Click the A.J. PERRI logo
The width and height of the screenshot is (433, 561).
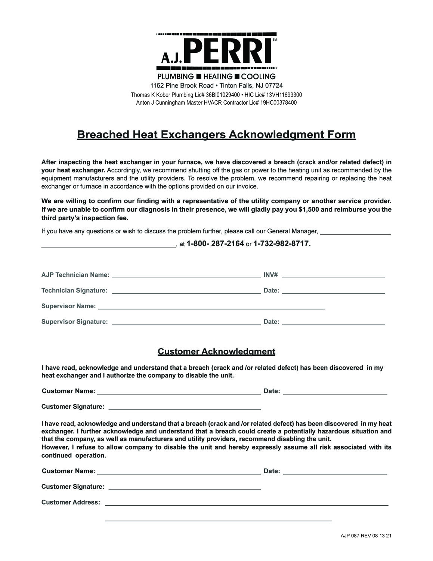[x=216, y=52]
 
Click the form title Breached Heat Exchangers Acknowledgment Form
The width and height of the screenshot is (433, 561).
[x=216, y=135]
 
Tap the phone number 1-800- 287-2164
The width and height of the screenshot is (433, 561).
[x=215, y=244]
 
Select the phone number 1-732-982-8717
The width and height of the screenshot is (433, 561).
[x=282, y=244]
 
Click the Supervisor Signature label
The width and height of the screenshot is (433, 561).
[x=74, y=322]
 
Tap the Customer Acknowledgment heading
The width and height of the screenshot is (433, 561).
[x=216, y=352]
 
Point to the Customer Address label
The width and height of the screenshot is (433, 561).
[x=71, y=502]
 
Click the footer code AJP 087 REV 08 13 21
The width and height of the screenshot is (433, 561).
[x=366, y=536]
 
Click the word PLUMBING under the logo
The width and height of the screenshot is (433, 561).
[x=175, y=77]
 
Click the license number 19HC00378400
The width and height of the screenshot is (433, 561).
[x=278, y=102]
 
